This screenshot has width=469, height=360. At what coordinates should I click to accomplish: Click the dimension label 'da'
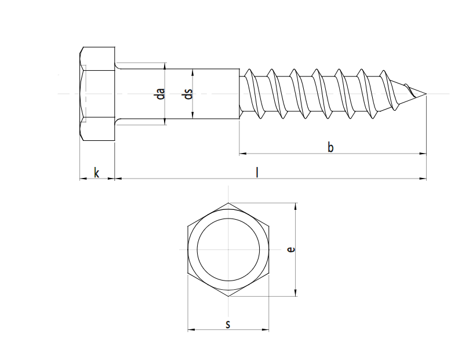point(161,93)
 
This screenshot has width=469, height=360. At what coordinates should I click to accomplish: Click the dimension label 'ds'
point(187,93)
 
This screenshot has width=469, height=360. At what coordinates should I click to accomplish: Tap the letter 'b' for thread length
point(330,147)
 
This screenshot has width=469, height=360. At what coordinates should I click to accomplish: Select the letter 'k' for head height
point(97,172)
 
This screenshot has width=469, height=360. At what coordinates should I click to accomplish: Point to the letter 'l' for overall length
point(257,172)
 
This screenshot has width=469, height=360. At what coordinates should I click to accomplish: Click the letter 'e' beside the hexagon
point(292,249)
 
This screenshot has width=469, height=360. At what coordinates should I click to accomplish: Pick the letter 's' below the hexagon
point(228,324)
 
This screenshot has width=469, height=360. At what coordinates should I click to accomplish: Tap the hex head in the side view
point(97,94)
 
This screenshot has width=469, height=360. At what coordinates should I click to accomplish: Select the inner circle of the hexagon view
point(228,249)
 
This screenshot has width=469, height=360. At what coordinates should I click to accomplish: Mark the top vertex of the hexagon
point(228,203)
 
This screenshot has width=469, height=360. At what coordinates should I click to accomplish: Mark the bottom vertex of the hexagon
point(228,296)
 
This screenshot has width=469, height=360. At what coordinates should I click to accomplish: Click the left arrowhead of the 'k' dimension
point(82,179)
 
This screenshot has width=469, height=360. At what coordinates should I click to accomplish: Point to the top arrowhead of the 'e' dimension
point(296,206)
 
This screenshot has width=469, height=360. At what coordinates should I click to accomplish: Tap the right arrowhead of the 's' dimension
point(266,331)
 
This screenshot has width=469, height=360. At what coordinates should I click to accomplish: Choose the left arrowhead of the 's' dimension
point(191,331)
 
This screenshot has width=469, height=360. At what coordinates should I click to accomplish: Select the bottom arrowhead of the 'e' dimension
point(296,293)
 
